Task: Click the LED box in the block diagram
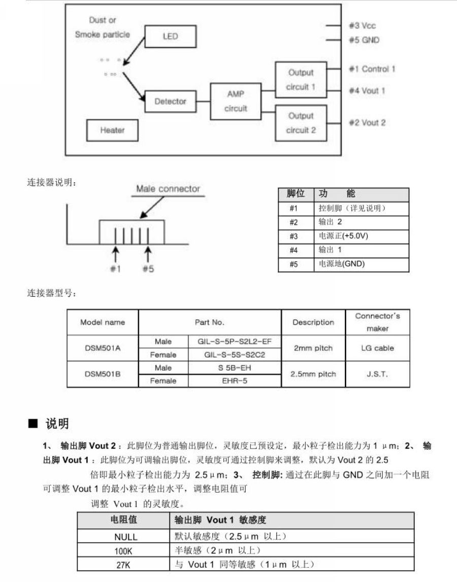pos(171,36)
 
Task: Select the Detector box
pos(170,102)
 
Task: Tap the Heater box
pos(112,131)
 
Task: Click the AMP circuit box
pos(236,101)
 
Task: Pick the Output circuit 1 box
pos(301,80)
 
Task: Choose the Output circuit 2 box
pos(301,123)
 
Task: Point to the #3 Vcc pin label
pos(362,25)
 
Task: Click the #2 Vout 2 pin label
pos(367,122)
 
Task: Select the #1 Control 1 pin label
pos(372,69)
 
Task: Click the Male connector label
pos(168,189)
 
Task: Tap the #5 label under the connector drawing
pos(148,269)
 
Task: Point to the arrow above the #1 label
pos(116,253)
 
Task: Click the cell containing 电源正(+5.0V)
pos(361,236)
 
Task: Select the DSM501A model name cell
pos(103,348)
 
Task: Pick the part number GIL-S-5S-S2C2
pos(234,354)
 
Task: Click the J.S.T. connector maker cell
pos(377,374)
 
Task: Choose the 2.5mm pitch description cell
pos(313,374)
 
